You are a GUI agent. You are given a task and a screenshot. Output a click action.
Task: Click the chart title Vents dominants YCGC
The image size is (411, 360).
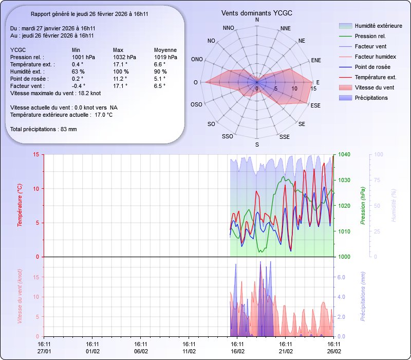257,12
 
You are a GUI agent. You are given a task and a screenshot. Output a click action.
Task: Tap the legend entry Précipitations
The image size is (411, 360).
371,98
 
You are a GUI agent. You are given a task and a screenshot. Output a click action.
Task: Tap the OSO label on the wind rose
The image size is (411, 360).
196,105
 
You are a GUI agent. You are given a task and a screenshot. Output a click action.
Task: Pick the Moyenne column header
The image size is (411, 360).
165,50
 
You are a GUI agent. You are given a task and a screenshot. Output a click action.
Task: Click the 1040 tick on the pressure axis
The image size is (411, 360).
344,154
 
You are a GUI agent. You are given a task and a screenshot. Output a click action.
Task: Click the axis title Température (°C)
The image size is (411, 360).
20,206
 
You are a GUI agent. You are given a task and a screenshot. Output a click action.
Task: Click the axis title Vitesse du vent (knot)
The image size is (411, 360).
20,297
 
